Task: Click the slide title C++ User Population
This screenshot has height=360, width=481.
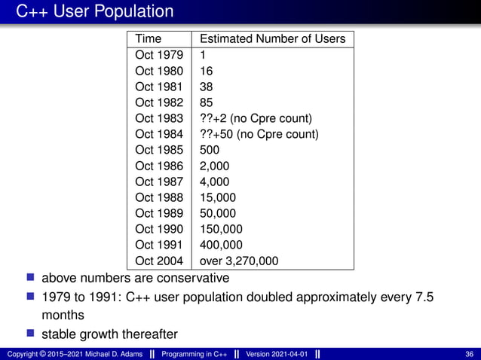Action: [x=95, y=11]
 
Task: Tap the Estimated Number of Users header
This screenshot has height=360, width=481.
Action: [x=272, y=38]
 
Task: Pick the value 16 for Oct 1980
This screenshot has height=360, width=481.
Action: [x=206, y=71]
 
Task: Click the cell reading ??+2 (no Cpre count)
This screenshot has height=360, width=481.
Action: [x=256, y=118]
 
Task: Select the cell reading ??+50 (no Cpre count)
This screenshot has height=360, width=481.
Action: [x=259, y=134]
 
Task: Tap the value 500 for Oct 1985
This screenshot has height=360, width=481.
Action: [x=210, y=150]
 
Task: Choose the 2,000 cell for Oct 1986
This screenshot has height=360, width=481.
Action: [x=214, y=166]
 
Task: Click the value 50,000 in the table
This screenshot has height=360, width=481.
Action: [x=217, y=213]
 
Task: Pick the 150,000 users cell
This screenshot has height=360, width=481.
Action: [x=221, y=229]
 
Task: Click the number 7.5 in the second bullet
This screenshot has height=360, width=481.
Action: [x=424, y=296]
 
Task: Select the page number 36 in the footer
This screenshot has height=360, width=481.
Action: [x=470, y=354]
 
